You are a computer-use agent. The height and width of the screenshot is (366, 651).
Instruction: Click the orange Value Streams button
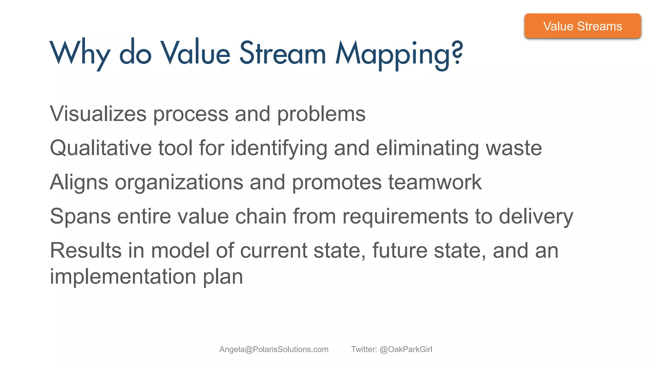tap(582, 26)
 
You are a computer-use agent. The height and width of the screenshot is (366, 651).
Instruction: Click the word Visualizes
tap(98, 114)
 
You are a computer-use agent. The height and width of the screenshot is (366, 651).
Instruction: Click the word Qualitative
tap(100, 148)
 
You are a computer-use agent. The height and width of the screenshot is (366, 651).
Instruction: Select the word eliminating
tap(427, 148)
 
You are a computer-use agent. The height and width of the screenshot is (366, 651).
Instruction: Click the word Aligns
tap(79, 183)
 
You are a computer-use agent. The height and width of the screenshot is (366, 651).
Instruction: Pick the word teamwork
tap(435, 182)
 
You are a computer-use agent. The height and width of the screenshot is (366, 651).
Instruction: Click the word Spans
tap(80, 217)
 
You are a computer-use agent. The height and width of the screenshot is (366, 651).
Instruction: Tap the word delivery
tap(536, 217)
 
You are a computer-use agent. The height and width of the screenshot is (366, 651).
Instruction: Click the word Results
tap(86, 250)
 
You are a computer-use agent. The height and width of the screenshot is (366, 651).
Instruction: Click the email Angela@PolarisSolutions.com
tap(274, 349)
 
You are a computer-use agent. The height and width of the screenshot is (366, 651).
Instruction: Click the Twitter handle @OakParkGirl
tap(406, 349)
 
